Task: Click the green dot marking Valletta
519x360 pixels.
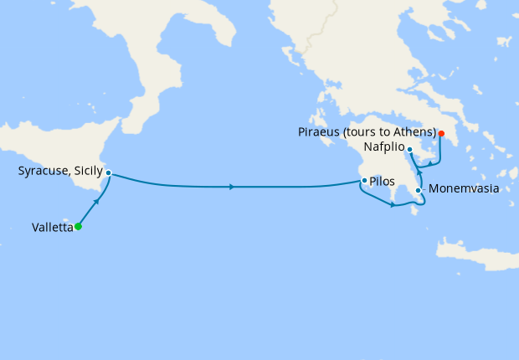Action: (78, 226)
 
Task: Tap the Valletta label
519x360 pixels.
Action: (52, 226)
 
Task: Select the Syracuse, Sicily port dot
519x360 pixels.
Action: (109, 173)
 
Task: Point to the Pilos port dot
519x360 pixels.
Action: (362, 180)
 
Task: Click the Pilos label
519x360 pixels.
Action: (382, 180)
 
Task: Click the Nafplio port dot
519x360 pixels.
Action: (409, 149)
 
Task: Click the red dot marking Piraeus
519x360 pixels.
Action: (441, 133)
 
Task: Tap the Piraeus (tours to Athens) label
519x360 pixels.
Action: (367, 132)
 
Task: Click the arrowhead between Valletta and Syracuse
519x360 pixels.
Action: (98, 202)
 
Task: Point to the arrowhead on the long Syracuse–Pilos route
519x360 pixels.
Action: (231, 187)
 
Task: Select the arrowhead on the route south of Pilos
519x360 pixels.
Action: (392, 205)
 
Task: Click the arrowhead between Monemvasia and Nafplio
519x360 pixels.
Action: (419, 170)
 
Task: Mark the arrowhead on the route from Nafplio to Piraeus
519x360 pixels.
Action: (429, 162)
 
